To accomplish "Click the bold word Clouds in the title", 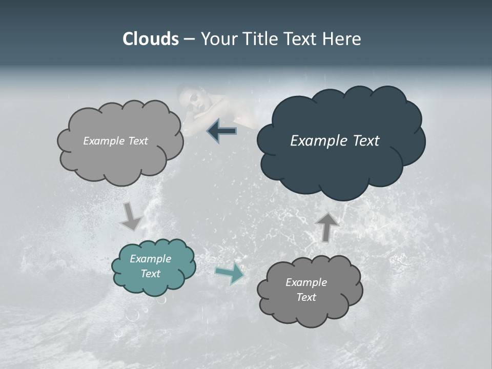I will [150, 39].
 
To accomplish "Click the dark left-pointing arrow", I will [222, 131].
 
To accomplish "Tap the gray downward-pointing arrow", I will [131, 217].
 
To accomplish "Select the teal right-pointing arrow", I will [230, 273].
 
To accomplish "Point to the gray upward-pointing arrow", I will [326, 226].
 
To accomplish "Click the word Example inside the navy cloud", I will [316, 141].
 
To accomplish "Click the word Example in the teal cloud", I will [150, 259].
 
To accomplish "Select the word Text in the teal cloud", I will [150, 274].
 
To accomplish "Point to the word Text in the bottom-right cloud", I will [306, 297].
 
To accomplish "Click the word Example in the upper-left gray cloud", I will [102, 141].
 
